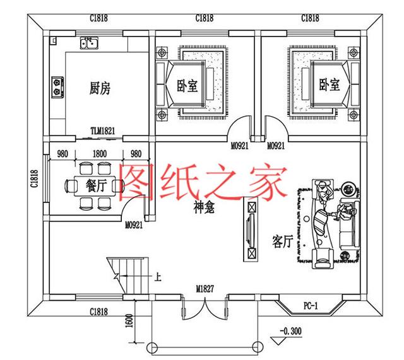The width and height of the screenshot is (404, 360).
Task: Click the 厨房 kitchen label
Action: click(x=100, y=88)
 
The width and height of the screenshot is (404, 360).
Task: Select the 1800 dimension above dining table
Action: click(x=98, y=153)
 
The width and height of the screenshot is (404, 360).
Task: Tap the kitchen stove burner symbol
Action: click(x=57, y=88)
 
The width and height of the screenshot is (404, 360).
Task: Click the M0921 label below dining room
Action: click(x=133, y=224)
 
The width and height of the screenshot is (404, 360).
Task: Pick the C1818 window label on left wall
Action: click(x=35, y=182)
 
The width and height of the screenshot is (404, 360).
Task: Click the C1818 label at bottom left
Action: click(x=98, y=311)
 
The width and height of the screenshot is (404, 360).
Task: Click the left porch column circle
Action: click(x=151, y=347)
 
